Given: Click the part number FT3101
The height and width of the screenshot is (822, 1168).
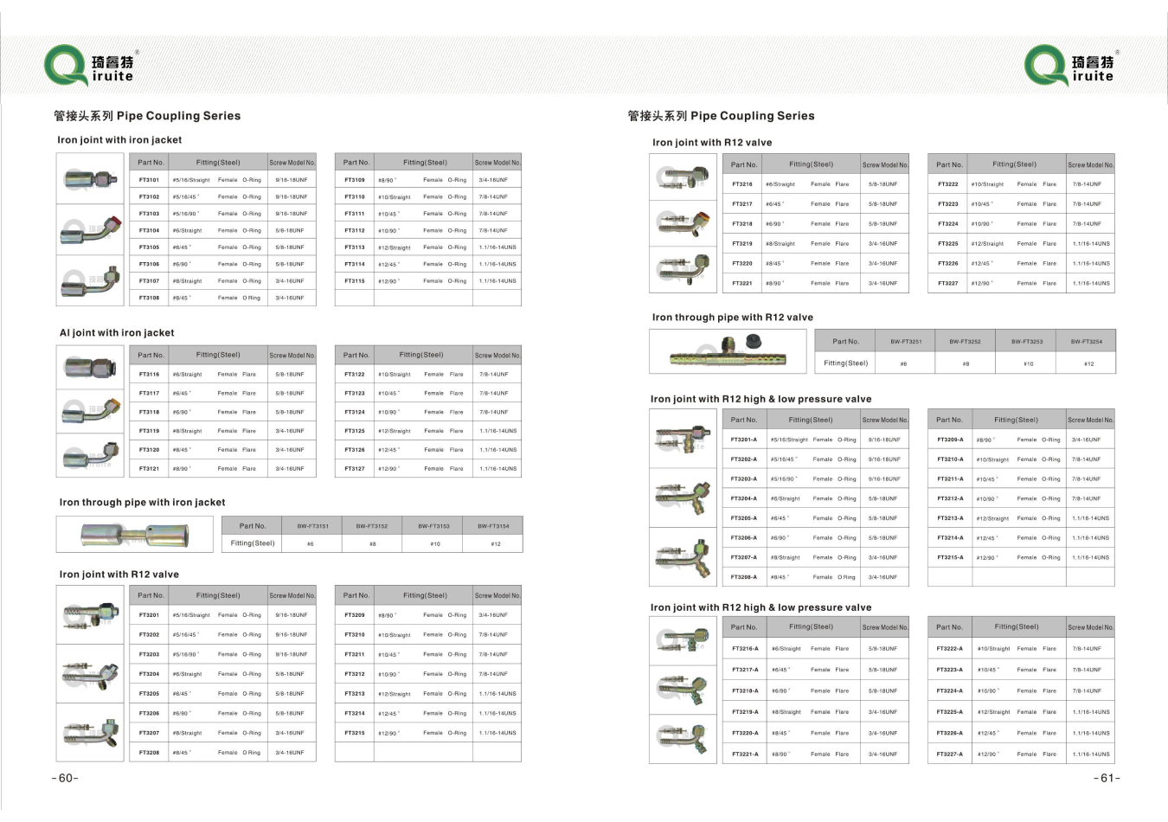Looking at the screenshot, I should pos(149,180).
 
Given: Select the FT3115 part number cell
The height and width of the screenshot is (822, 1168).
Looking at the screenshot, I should pos(355,281).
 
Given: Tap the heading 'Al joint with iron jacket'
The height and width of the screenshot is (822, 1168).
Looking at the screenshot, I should pos(117,333).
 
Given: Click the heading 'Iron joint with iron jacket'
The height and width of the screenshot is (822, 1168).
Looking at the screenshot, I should pos(119,140).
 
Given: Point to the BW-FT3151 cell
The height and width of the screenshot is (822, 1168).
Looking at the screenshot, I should pos(312,526).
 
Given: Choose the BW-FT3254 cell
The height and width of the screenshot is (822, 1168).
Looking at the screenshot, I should pos(1086,341).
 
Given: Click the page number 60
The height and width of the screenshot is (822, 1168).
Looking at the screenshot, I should pos(65,778).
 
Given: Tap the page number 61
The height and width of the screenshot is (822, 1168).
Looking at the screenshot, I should pos(1107,778).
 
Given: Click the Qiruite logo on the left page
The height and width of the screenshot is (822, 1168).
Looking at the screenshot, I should pos(91,67).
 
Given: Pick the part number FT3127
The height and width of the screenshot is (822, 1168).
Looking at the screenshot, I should pos(355,469).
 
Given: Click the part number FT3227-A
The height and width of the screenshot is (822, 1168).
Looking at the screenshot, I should pos(949,755).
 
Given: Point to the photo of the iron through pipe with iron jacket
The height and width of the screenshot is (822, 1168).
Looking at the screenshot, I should pos(134,534).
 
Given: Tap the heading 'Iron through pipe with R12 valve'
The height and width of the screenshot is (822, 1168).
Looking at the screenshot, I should pos(732,318).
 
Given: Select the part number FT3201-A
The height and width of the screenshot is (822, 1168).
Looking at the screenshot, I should pos(743,440).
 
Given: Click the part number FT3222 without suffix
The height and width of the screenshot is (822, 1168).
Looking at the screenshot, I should pos(948,184).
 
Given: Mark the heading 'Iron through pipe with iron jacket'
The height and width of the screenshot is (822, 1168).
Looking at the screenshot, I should pos(142,503).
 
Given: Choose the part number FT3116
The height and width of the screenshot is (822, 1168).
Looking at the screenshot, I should pos(149,375).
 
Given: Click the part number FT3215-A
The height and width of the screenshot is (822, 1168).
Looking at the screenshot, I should pos(949,558).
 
